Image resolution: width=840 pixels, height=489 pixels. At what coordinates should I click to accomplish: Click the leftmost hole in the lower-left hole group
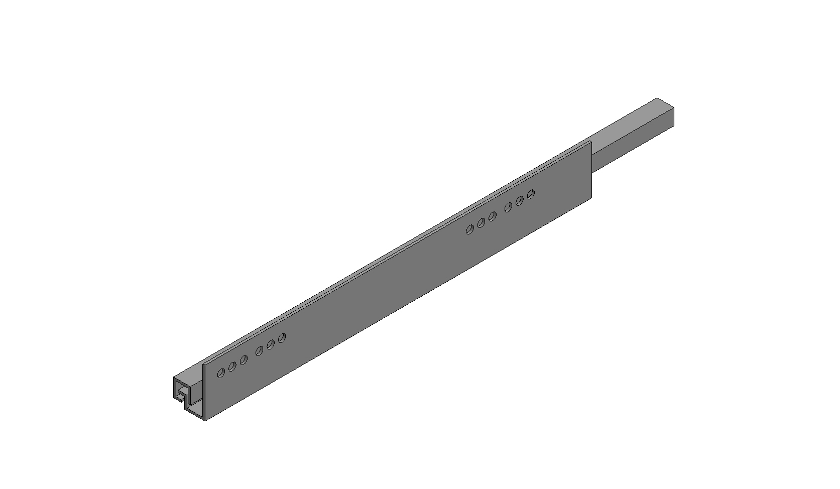click(221, 373)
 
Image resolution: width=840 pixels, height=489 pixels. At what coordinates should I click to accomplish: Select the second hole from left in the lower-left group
click(232, 366)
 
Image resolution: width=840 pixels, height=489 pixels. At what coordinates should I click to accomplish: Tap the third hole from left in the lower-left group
click(244, 360)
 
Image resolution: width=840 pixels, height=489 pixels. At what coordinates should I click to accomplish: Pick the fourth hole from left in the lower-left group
click(260, 351)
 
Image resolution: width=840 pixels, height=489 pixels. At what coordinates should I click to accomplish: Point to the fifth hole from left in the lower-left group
click(271, 344)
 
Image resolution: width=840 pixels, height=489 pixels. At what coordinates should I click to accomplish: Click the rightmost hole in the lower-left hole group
click(282, 338)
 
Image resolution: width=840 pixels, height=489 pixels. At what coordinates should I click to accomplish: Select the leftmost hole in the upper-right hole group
click(470, 229)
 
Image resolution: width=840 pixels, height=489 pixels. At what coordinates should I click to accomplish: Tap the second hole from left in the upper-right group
click(481, 223)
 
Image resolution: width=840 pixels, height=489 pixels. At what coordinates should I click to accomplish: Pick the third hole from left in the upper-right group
click(492, 216)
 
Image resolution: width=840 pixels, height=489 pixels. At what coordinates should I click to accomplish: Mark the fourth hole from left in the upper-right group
click(509, 207)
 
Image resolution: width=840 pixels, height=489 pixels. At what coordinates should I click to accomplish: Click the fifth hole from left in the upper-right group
click(520, 200)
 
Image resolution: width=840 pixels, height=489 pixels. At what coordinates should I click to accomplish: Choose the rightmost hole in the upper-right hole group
click(531, 194)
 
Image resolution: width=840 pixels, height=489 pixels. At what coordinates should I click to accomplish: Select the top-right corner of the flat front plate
click(591, 142)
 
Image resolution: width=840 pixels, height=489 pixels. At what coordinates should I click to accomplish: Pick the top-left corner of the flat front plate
click(203, 363)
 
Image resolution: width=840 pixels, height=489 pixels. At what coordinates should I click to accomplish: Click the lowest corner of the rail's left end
click(205, 420)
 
